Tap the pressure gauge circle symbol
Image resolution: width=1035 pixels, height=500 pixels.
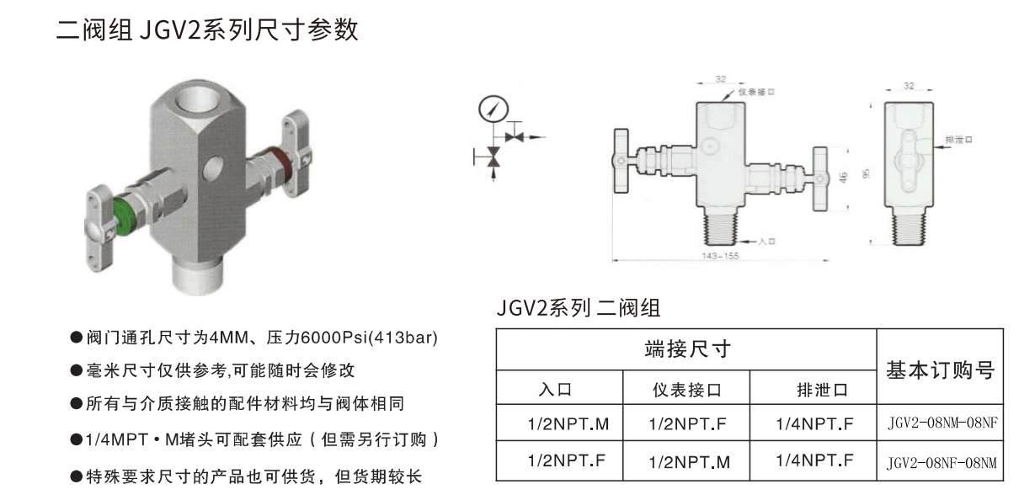coord(493,109)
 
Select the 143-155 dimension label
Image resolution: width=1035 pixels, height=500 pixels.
coord(720,256)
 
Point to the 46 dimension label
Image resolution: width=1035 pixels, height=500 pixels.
coord(843,178)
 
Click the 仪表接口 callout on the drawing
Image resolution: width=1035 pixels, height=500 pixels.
coord(756,93)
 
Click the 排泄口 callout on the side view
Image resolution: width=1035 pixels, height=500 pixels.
coord(958,140)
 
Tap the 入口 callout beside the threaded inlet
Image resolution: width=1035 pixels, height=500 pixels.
coord(767,242)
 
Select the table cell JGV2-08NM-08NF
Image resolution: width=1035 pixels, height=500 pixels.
coord(942,423)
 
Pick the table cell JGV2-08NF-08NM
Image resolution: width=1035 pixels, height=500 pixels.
coord(942,463)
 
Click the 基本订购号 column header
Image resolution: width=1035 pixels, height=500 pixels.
coord(941,370)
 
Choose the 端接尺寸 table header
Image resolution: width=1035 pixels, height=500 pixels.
coord(687,349)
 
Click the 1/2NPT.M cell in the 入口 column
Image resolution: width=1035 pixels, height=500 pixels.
coord(568,424)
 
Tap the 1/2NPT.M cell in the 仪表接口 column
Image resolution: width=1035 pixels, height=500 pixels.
coord(690,462)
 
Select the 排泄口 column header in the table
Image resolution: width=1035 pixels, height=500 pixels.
coord(823,390)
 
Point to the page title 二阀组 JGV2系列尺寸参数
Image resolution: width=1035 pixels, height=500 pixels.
coord(207,30)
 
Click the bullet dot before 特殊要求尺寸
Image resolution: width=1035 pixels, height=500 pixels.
coord(76,476)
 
